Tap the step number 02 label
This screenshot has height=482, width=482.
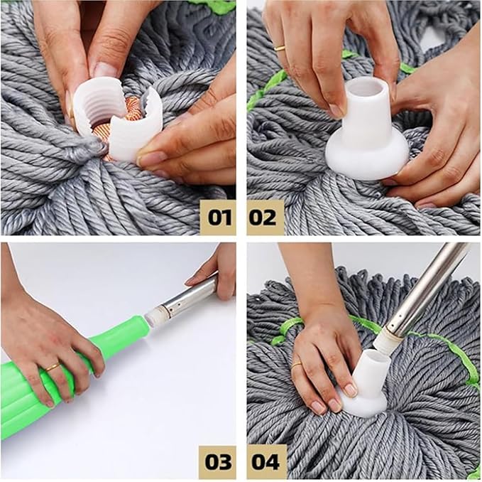[x=265, y=216]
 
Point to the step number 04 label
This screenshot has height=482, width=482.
[x=265, y=462]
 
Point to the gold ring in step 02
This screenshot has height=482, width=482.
[x=280, y=48]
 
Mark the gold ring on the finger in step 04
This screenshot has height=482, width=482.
[x=296, y=364]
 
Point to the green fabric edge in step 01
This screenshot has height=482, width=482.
[x=213, y=6]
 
